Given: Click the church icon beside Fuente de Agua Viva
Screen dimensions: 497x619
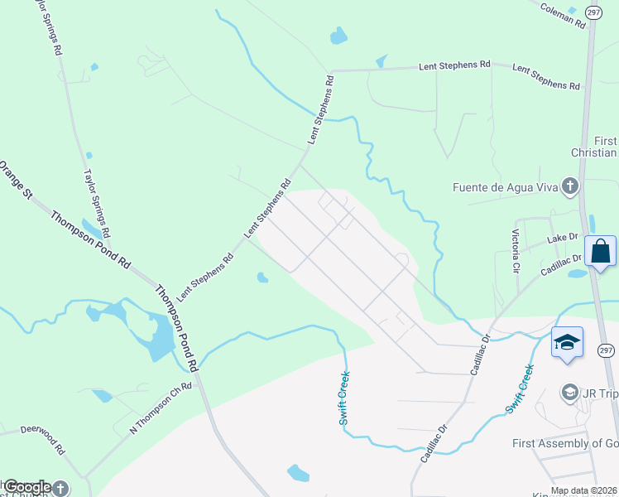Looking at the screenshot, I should click(x=569, y=186).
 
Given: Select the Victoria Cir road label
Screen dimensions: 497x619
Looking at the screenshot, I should click(x=516, y=251).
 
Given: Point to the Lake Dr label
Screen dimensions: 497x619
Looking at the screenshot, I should click(x=563, y=239).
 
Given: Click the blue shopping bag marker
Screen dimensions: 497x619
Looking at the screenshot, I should click(x=600, y=251).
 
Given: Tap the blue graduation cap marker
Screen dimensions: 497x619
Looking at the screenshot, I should click(x=567, y=343).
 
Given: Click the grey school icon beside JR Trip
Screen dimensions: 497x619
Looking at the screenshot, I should click(x=569, y=391).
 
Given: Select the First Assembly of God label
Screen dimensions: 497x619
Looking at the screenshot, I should click(x=564, y=443).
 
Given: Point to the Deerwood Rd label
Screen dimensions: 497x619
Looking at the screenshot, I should click(x=42, y=439).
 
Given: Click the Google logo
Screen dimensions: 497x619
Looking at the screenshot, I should click(x=26, y=487).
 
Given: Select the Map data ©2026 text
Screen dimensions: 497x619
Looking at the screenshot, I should click(x=583, y=490).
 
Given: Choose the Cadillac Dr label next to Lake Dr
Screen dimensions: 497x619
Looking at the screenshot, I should click(x=562, y=266).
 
